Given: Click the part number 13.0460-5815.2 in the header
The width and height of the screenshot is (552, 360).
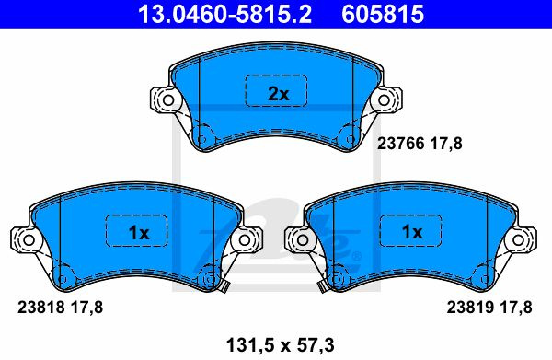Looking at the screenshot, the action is pyautogui.click(x=225, y=14).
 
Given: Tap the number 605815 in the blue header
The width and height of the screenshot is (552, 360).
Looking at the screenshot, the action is pyautogui.click(x=383, y=14).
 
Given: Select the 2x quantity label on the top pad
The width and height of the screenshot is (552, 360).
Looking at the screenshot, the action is pyautogui.click(x=278, y=94).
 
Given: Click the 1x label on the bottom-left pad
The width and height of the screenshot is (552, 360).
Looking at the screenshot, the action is pyautogui.click(x=139, y=233).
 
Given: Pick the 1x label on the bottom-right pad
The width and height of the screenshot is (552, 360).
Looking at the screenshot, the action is pyautogui.click(x=412, y=232).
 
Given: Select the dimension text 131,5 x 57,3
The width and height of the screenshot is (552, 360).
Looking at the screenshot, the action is pyautogui.click(x=281, y=345).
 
